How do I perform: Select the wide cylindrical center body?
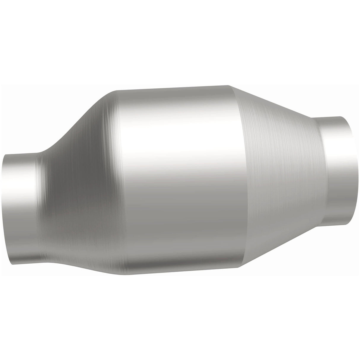click(x=178, y=178)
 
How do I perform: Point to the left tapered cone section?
click(x=80, y=193)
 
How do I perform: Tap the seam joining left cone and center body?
click(x=119, y=184)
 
